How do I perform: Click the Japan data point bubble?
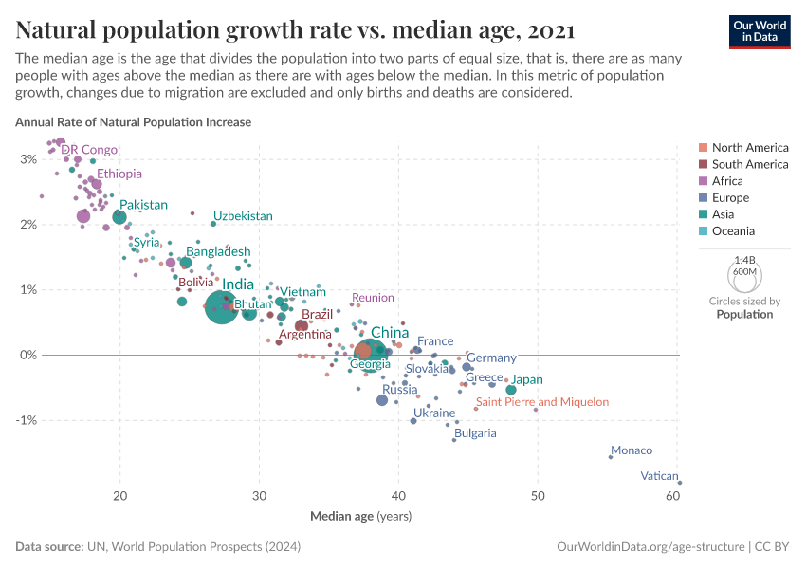coord(511,390)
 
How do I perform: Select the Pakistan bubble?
coord(119,217)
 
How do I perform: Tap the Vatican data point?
coord(680,483)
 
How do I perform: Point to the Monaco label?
coord(632,450)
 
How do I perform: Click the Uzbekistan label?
coord(243,216)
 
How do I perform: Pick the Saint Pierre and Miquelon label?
coord(542,402)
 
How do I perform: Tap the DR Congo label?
coord(89,150)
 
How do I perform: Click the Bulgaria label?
coord(474,433)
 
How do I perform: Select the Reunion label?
coord(373,298)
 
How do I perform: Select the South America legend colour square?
coord(702,164)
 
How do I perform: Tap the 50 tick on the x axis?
coord(538,497)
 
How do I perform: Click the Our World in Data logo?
coord(760,30)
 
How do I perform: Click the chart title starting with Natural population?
coord(294,30)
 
